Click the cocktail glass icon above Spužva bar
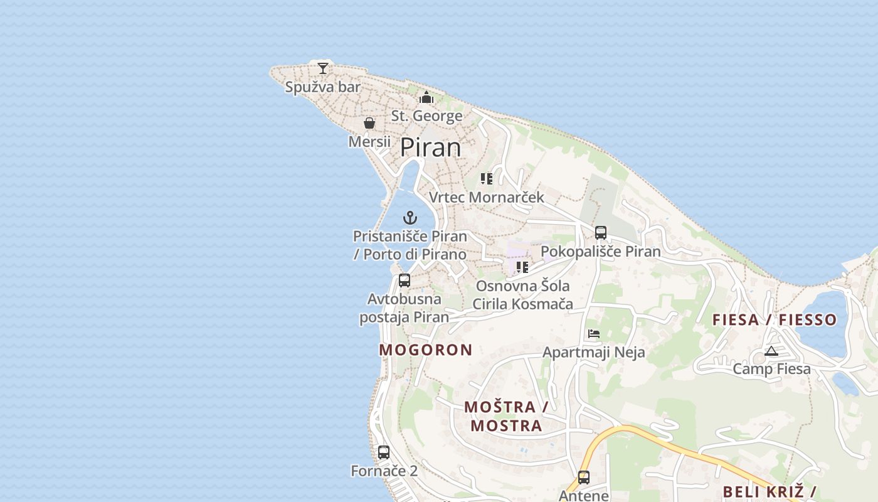[323, 68]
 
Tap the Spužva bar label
[323, 87]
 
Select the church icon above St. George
[426, 97]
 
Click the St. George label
[426, 116]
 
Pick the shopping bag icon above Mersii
[369, 123]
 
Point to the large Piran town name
[430, 147]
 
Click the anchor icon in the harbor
[410, 218]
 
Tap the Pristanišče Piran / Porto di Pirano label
[410, 245]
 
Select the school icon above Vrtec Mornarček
[487, 179]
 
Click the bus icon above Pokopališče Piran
[601, 233]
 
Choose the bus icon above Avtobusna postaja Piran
[405, 280]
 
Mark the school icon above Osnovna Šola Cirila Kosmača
[522, 267]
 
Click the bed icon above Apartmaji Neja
[594, 334]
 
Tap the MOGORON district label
[426, 350]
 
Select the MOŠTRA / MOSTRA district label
[506, 416]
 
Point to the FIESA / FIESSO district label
[775, 320]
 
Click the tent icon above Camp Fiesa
[771, 351]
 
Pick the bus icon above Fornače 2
[384, 452]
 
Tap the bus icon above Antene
[584, 478]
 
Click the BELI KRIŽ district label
[769, 491]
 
